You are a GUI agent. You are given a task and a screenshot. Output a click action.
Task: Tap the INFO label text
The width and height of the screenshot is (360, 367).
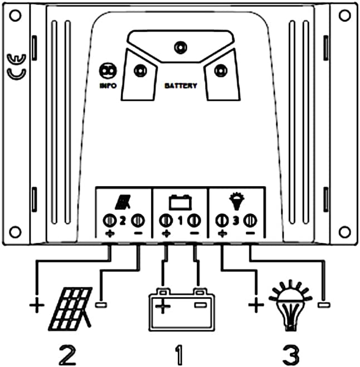pyautogui.click(x=108, y=86)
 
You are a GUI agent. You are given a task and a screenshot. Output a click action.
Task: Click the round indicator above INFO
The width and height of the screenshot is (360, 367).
pyautogui.click(x=108, y=70)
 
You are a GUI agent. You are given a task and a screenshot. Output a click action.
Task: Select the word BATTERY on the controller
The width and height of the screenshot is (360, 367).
pyautogui.click(x=181, y=86)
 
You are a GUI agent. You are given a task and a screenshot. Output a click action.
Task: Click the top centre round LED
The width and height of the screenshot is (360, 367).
pyautogui.click(x=181, y=47)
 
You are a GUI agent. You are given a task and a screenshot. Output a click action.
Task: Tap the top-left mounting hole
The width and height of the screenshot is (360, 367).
pyautogui.click(x=15, y=16)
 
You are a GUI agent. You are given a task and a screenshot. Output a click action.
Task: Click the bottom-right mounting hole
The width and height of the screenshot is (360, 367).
pyautogui.click(x=344, y=232)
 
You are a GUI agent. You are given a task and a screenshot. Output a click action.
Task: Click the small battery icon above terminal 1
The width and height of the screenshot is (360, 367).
pyautogui.click(x=180, y=202)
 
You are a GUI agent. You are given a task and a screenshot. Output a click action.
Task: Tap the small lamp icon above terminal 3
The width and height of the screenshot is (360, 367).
pyautogui.click(x=237, y=201)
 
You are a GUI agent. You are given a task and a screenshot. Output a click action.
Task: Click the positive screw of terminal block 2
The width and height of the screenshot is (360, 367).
pyautogui.click(x=109, y=220)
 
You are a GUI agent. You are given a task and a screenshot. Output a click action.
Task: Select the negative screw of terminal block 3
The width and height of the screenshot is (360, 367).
pyautogui.click(x=250, y=220)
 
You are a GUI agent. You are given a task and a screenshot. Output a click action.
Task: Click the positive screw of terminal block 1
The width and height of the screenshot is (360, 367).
pyautogui.click(x=166, y=220)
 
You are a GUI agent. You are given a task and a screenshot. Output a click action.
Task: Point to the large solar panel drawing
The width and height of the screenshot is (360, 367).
pyautogui.click(x=70, y=309)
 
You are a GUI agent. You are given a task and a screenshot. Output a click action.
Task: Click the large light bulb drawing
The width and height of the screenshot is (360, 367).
pyautogui.click(x=290, y=306)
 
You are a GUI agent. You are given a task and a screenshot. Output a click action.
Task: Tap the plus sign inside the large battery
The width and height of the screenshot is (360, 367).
pyautogui.click(x=163, y=306)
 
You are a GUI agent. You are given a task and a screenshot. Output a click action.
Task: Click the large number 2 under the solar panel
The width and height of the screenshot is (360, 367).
pyautogui.click(x=67, y=354)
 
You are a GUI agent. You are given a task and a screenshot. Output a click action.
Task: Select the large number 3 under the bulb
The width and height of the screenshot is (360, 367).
pyautogui.click(x=291, y=354)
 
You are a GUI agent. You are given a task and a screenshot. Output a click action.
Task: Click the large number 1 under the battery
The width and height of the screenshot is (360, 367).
pyautogui.click(x=179, y=354)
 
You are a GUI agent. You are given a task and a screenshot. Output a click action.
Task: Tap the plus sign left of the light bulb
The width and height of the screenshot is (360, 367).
pyautogui.click(x=256, y=305)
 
